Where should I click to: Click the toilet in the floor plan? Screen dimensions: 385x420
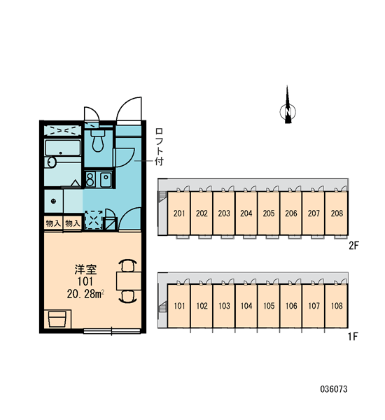[x=98, y=141]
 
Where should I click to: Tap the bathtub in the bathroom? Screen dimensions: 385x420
[x=62, y=148]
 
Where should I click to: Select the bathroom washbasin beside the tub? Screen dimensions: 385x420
[x=51, y=162]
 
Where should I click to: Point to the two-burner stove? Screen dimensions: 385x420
[x=90, y=179]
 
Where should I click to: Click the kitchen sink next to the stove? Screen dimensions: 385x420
[x=106, y=179]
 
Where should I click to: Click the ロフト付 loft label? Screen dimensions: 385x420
[x=159, y=147]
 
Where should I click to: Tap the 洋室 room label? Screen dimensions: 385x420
[x=85, y=269]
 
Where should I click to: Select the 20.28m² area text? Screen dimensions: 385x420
[x=85, y=294]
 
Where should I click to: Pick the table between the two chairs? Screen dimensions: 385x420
[x=129, y=281]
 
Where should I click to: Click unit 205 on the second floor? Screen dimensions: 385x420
[x=269, y=213]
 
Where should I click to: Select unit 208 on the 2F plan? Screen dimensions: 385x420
[x=337, y=213]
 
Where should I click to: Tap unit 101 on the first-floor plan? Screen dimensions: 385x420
[x=179, y=306]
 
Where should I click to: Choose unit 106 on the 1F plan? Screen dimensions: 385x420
[x=291, y=306]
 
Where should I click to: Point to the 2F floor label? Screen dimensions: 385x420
[x=353, y=246]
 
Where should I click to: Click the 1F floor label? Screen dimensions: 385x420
[x=353, y=337]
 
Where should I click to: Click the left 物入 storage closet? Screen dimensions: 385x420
[x=53, y=223]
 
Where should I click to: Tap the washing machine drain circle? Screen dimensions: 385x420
[x=53, y=201]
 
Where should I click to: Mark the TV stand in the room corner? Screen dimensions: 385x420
[x=57, y=319]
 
